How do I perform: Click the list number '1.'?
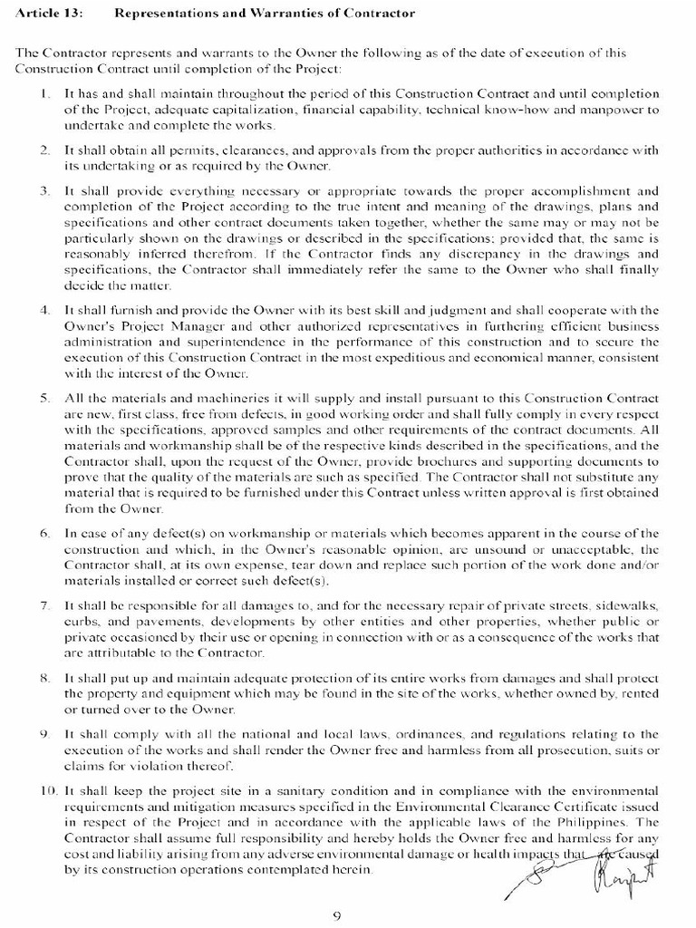[x=45, y=94]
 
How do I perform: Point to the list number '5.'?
[x=45, y=399]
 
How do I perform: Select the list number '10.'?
[x=43, y=792]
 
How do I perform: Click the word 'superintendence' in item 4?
[x=225, y=343]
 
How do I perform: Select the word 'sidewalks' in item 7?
[x=629, y=604]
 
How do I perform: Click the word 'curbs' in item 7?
[x=80, y=620]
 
